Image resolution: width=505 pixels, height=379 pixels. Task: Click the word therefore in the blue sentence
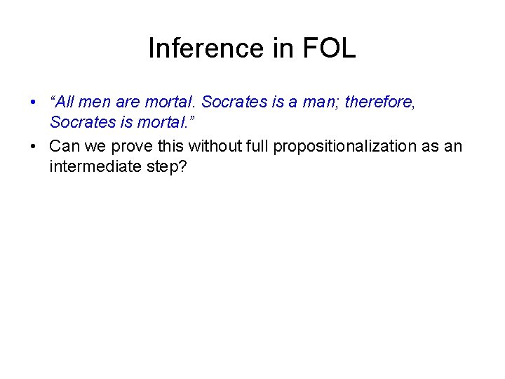379,102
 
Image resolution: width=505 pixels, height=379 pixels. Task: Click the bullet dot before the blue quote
33,103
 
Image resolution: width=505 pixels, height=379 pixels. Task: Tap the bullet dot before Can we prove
33,147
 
